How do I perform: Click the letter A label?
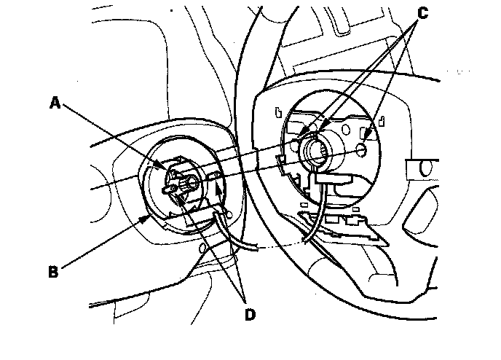click(x=55, y=103)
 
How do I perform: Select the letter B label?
click(x=52, y=272)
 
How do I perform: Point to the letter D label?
click(x=250, y=315)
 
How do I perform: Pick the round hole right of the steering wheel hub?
click(x=363, y=151)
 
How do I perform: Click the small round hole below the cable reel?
click(x=200, y=249)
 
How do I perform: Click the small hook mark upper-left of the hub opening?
click(x=280, y=113)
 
